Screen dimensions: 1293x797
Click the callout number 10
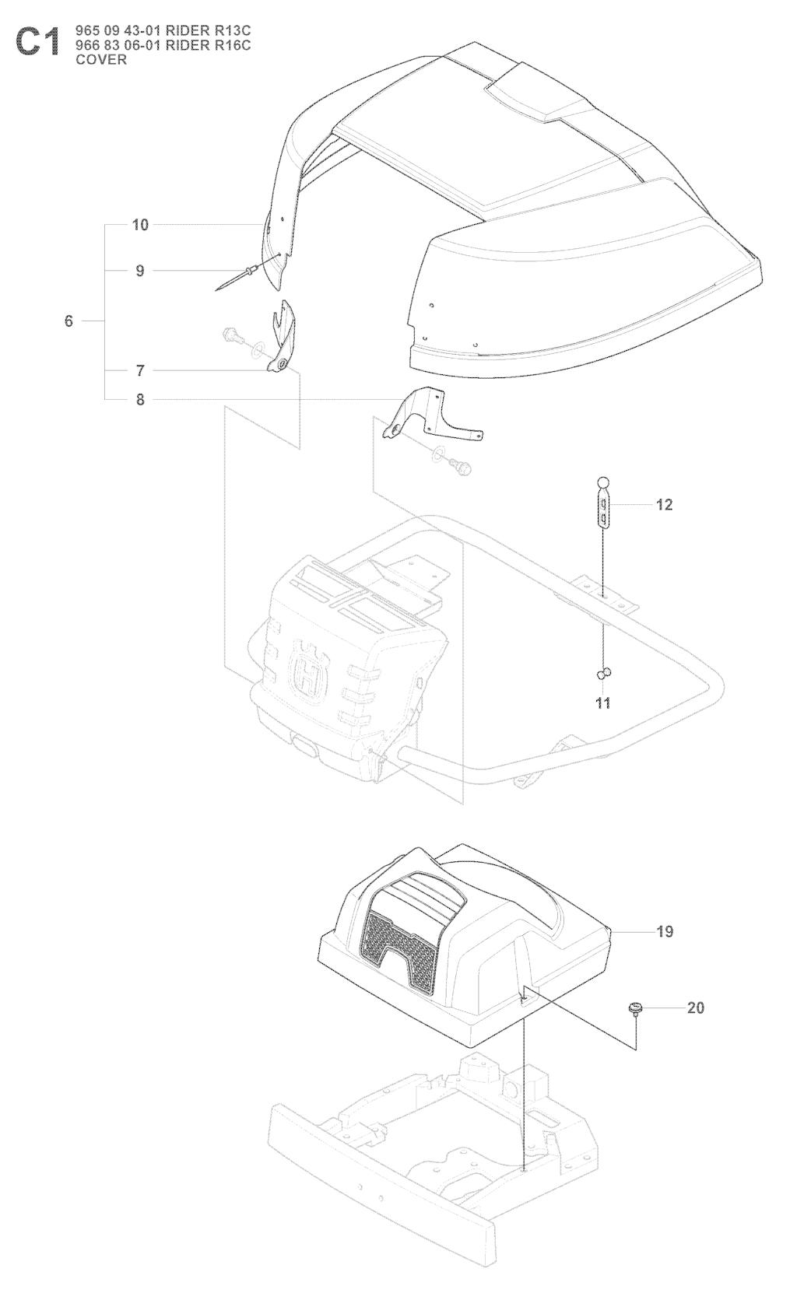point(140,225)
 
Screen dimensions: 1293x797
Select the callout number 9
point(140,271)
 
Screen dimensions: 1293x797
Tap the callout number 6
point(68,321)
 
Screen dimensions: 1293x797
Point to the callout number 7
point(140,370)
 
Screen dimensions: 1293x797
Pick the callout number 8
point(140,400)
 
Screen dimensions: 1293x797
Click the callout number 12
point(664,505)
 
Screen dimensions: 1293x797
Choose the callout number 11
point(603,703)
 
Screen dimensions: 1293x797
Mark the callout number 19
point(665,931)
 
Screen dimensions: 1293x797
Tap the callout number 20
point(696,1007)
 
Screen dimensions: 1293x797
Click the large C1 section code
point(37,44)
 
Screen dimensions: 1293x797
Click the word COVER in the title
point(101,59)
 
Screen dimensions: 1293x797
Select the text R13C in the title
point(232,30)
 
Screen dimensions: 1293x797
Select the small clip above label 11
point(605,672)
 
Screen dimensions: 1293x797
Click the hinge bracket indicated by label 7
point(282,342)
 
